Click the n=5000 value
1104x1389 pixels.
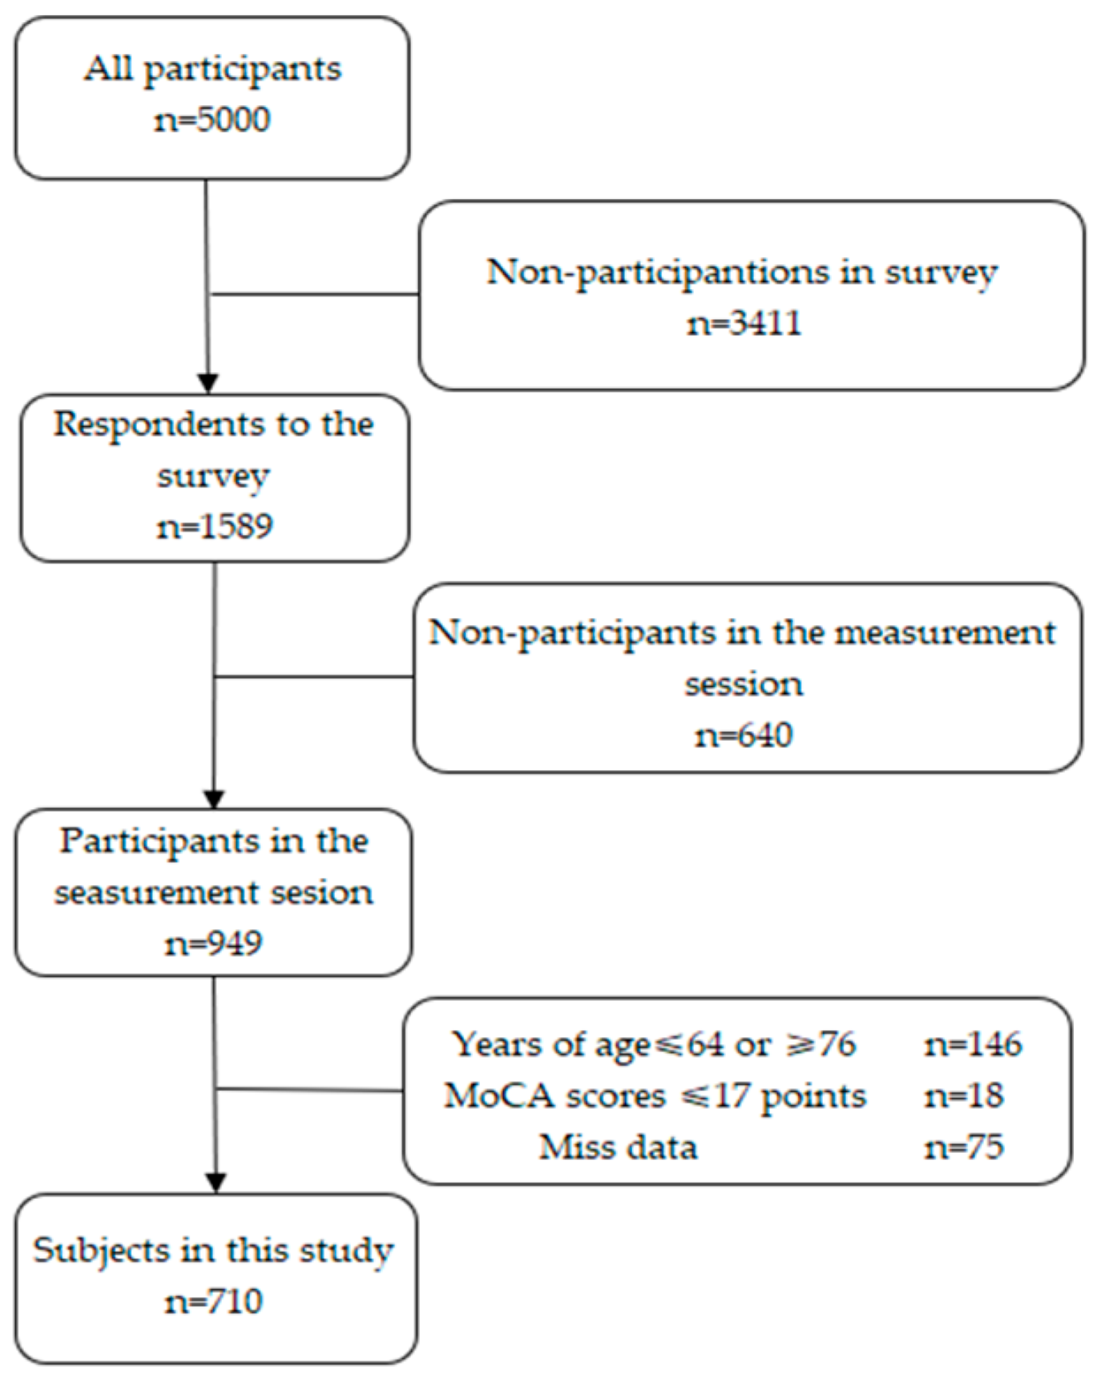coord(212,119)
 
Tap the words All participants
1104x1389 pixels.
coord(212,69)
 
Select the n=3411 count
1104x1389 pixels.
coord(744,323)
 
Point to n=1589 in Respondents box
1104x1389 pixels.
coord(215,527)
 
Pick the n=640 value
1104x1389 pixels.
coord(743,736)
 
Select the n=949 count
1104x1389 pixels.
coord(214,943)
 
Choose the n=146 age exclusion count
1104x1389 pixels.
coord(973,1045)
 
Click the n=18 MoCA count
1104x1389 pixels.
coord(963,1096)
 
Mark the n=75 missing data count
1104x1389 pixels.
coord(963,1148)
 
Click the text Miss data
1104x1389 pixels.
coord(618,1148)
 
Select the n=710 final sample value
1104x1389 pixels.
coord(214,1301)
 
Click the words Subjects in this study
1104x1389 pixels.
coord(214,1251)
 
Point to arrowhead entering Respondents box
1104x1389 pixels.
coord(208,383)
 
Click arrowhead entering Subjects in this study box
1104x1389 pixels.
coord(216,1183)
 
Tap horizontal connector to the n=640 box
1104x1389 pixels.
coord(314,677)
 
